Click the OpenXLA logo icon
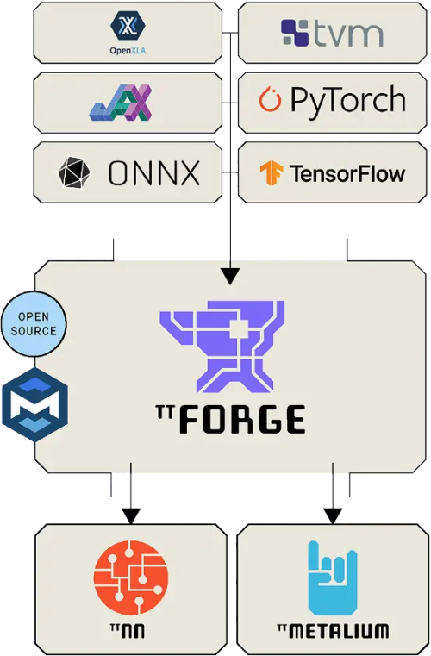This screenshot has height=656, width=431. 127,22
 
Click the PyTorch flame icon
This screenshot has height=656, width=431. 271,102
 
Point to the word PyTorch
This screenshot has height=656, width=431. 347,102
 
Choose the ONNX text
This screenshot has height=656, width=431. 153,173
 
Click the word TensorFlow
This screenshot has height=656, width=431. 347,173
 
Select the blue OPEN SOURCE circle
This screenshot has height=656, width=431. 34,325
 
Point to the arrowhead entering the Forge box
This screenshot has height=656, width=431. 230,276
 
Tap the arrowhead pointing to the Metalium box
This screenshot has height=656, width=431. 333,515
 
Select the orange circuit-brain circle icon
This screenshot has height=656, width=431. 131,576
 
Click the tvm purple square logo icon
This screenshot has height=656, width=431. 295,34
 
